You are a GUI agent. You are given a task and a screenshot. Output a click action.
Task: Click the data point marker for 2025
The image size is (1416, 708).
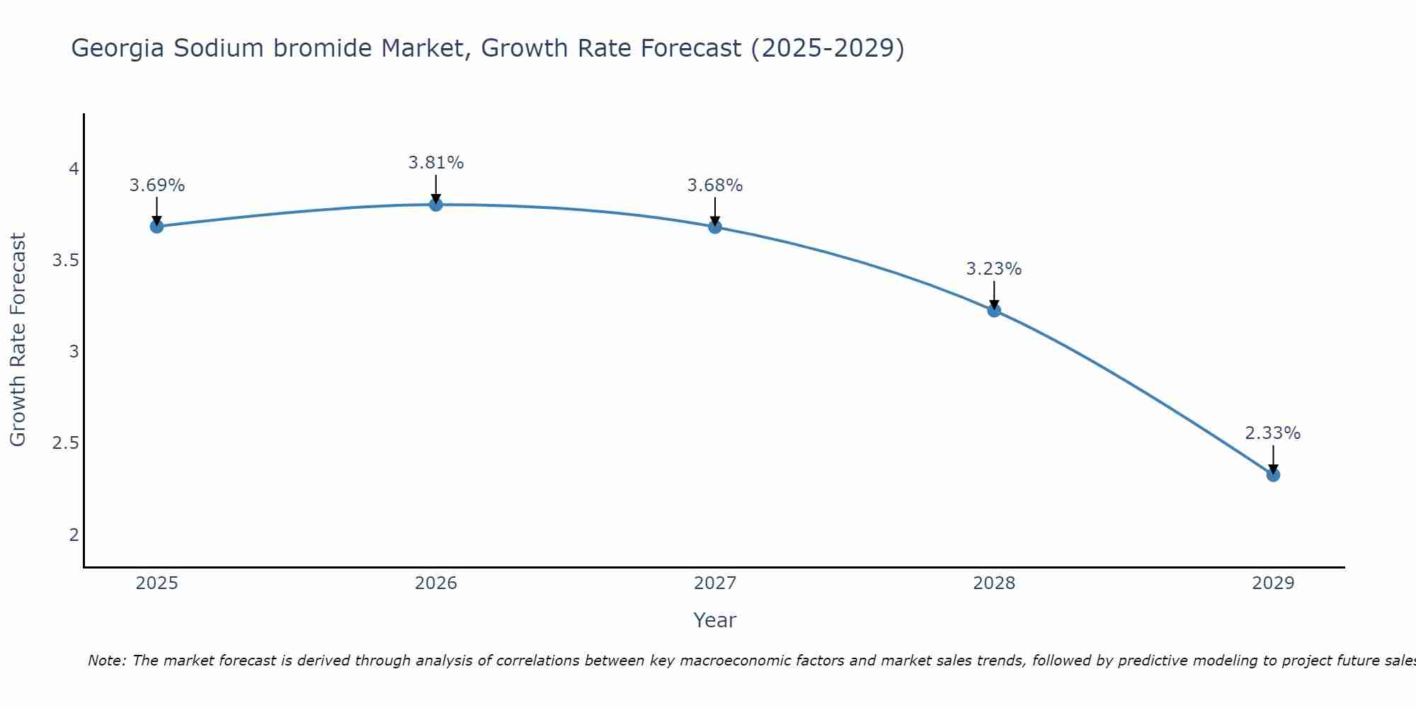(156, 227)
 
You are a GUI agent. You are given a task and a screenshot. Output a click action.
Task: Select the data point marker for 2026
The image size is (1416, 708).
(436, 205)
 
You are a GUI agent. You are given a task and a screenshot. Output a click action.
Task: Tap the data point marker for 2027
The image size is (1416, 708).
(715, 227)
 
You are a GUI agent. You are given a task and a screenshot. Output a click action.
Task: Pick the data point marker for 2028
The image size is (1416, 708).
(994, 310)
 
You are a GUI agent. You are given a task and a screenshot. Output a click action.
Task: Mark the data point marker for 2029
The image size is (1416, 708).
(1273, 475)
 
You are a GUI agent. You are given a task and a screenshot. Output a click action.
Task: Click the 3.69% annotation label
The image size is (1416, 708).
(156, 185)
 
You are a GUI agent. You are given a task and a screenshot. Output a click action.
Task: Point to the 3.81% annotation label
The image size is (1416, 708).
(436, 163)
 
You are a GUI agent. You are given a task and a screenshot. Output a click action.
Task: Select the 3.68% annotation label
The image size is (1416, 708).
(715, 185)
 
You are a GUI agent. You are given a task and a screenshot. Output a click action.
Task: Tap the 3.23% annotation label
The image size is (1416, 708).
(994, 269)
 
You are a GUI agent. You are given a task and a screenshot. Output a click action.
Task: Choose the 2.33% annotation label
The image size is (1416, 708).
(1273, 433)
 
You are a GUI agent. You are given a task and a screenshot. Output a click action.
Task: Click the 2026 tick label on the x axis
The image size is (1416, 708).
(436, 583)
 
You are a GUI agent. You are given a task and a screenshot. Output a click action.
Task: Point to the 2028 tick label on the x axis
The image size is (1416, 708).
(994, 583)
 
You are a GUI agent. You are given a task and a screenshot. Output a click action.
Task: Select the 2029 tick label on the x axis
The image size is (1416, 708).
(1273, 583)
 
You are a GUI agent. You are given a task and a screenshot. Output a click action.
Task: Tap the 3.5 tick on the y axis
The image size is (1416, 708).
(65, 261)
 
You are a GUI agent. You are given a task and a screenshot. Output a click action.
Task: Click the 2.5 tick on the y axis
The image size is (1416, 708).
(65, 443)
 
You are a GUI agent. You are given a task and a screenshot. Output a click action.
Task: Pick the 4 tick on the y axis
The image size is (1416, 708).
(74, 169)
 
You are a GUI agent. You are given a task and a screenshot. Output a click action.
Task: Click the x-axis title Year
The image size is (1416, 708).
(715, 620)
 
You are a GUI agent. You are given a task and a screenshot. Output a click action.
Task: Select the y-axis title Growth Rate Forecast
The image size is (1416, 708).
(18, 340)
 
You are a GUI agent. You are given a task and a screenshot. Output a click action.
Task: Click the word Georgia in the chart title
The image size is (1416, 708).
(118, 49)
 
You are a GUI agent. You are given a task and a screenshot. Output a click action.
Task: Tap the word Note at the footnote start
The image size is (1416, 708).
(105, 661)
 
